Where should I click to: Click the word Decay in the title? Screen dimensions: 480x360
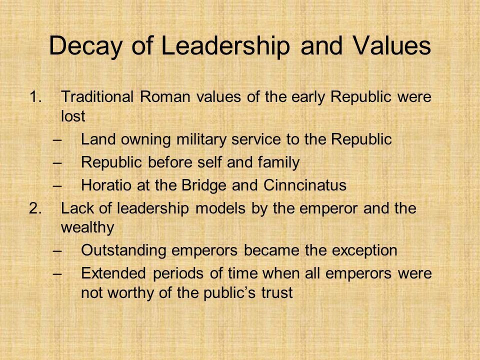pos(85,46)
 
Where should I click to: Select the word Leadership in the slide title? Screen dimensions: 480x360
pos(225,46)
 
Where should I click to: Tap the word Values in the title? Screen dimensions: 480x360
pos(392,45)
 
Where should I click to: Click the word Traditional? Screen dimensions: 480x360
pos(97,96)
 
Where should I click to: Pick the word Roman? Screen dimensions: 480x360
pos(165,96)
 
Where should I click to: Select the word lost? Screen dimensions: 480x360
pos(73,116)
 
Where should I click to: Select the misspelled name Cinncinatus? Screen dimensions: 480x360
pos(305,185)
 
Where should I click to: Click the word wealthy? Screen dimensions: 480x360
pos(87,227)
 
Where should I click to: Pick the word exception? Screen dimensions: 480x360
pos(364,250)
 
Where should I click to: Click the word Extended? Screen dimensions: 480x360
pos(113,273)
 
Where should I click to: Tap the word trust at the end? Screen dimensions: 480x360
pos(277,292)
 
